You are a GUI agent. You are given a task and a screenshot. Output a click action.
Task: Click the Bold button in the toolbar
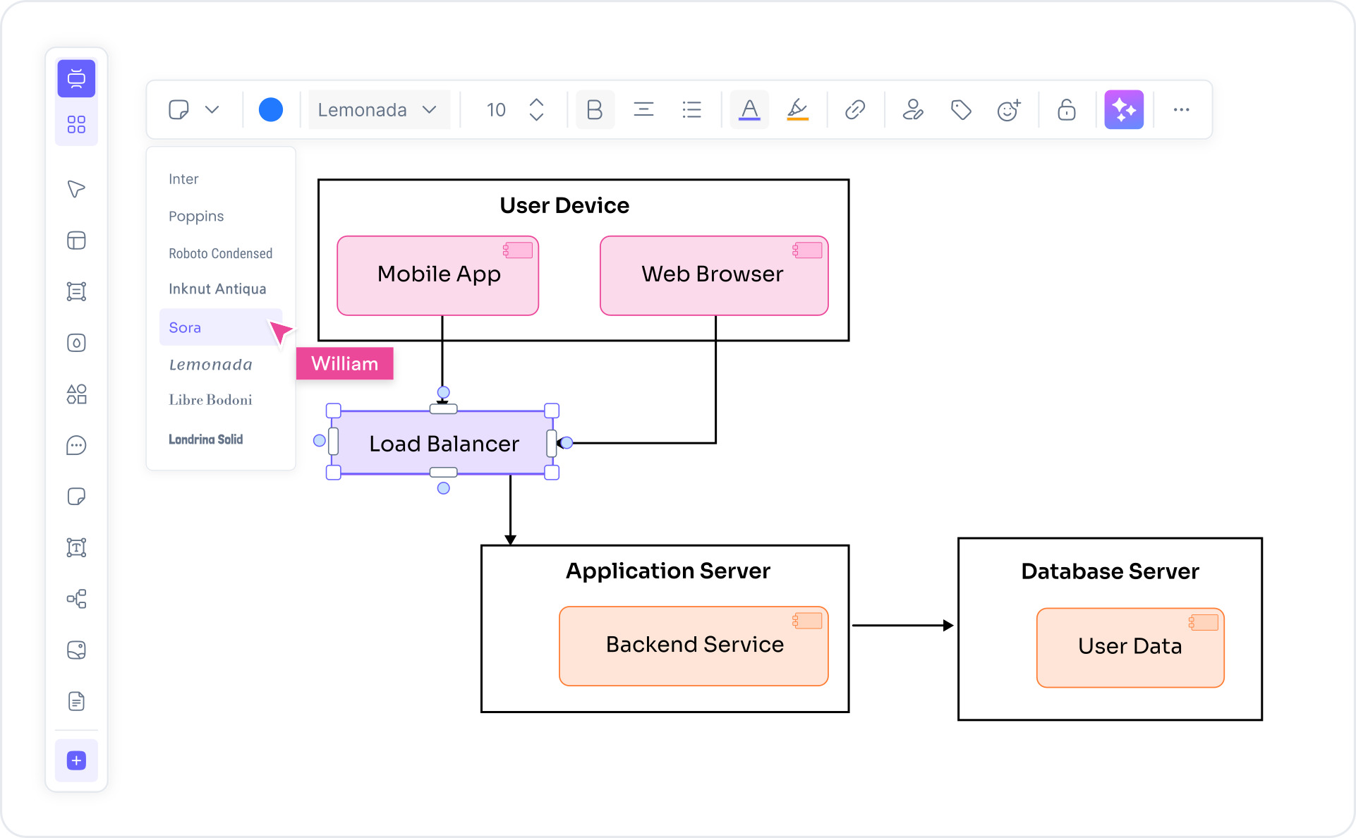(594, 110)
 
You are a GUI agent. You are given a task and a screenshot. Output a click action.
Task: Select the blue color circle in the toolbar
(270, 110)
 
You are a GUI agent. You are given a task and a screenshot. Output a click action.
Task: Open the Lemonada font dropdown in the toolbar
(378, 110)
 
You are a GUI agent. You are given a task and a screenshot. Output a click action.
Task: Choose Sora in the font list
(186, 327)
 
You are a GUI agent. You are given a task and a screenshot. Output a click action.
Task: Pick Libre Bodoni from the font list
(210, 400)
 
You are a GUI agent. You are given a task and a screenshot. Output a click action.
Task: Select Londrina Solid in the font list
(205, 439)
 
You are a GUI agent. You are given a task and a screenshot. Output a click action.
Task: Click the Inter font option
(183, 179)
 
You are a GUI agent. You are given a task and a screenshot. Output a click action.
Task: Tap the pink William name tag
(344, 364)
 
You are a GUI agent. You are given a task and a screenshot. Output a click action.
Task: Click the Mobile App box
(438, 276)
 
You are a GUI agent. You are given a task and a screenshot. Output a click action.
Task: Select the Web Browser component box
(713, 276)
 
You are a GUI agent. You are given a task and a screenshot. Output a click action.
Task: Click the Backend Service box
(694, 645)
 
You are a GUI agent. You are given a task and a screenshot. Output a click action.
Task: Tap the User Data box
(1130, 647)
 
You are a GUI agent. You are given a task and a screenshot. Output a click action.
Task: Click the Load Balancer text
(444, 444)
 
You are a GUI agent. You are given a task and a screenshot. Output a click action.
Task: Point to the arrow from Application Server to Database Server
(902, 625)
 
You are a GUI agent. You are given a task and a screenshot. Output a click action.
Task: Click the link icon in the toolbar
(855, 110)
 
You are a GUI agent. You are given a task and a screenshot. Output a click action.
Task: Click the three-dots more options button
(1181, 110)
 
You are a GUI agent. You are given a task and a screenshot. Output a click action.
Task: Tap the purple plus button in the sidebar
(76, 760)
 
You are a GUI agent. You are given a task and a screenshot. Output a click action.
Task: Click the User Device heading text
(564, 205)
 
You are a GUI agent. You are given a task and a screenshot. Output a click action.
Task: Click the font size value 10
(496, 110)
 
